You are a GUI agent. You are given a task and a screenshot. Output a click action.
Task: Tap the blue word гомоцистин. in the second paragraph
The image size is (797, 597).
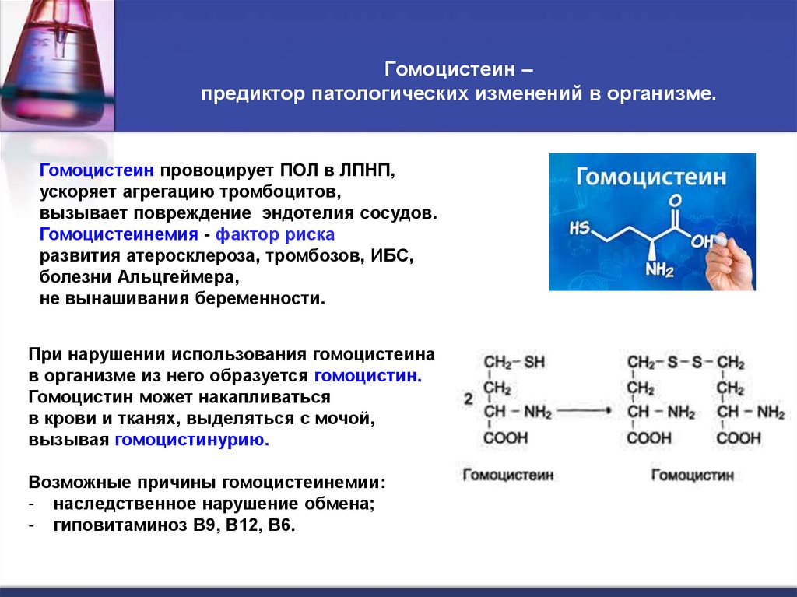(368, 375)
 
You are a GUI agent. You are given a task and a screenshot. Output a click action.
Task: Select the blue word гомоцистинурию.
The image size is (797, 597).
(191, 440)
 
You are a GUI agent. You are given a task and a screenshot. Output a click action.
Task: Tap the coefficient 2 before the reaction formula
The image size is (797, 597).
(468, 399)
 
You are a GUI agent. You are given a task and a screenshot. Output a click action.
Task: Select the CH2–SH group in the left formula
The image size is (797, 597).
(514, 363)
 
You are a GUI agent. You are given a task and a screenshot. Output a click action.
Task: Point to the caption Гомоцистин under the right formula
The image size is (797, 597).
(692, 474)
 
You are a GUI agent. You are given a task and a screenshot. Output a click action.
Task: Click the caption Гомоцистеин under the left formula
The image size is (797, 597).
(508, 474)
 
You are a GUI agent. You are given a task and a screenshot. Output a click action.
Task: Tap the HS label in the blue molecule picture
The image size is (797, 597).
(579, 230)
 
